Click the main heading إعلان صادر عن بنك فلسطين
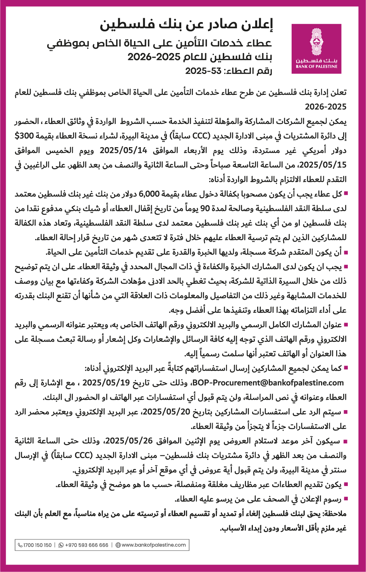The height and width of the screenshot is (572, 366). pyautogui.click(x=187, y=26)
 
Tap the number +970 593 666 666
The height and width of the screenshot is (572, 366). pyautogui.click(x=86, y=545)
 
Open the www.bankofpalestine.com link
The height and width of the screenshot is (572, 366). pyautogui.click(x=153, y=545)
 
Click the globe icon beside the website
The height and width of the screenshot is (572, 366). pyautogui.click(x=118, y=545)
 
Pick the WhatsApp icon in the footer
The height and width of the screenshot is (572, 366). pyautogui.click(x=61, y=545)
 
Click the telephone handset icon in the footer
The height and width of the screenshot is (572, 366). pyautogui.click(x=20, y=545)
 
